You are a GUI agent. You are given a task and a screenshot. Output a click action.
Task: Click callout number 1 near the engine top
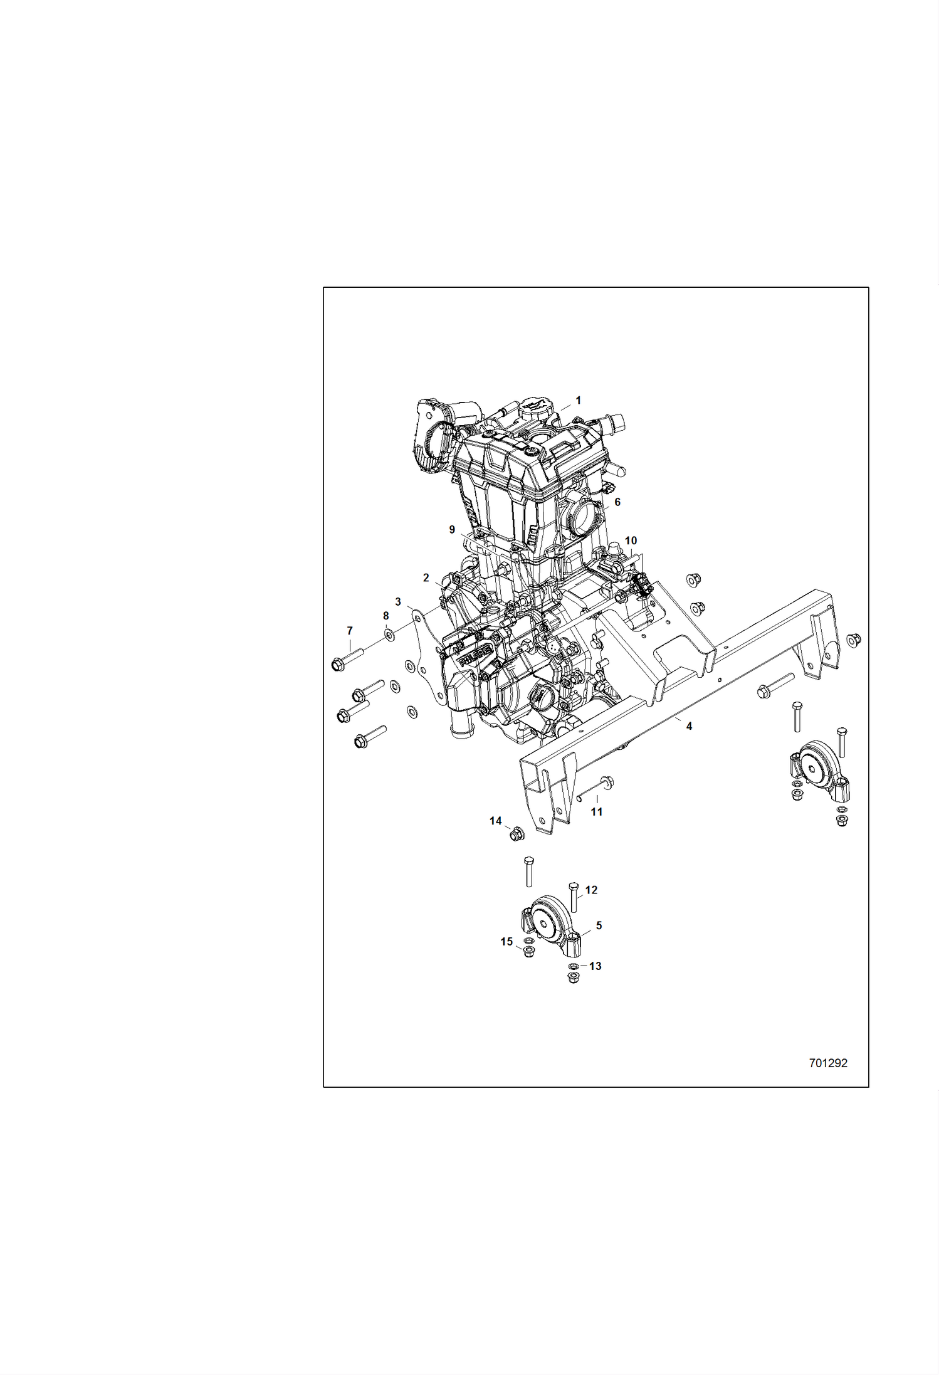(x=578, y=400)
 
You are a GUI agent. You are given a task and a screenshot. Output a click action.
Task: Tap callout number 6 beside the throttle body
(x=617, y=502)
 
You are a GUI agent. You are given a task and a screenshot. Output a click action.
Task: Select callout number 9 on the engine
(x=452, y=530)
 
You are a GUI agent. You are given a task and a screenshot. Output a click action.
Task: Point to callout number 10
(x=631, y=540)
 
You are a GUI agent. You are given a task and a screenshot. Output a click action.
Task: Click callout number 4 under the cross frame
(x=689, y=726)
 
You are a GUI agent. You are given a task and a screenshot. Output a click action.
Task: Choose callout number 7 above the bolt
(x=350, y=631)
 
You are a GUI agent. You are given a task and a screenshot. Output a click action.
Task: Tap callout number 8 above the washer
(x=386, y=616)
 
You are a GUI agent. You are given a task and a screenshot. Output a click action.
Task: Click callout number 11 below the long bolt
(x=597, y=811)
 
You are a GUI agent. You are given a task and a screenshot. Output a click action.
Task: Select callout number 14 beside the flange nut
(x=495, y=821)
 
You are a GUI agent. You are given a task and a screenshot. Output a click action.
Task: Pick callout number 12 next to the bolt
(x=591, y=890)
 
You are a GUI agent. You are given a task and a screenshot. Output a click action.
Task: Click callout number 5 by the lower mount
(x=599, y=925)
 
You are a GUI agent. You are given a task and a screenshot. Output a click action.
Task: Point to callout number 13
(x=595, y=966)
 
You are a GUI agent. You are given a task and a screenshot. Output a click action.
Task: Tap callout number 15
(x=506, y=942)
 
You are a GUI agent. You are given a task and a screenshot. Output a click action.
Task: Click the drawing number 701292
(x=828, y=1063)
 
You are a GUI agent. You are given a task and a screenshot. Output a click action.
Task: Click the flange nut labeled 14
(x=517, y=834)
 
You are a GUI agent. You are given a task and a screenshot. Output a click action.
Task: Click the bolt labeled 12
(x=573, y=897)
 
